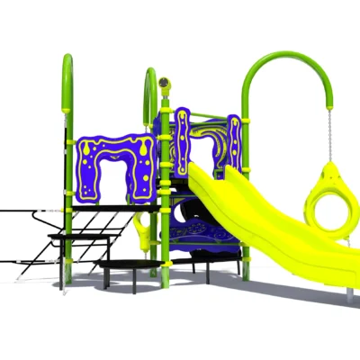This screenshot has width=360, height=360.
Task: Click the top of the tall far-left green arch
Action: pyautogui.click(x=66, y=61)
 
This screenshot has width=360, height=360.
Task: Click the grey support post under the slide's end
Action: pyautogui.click(x=349, y=291)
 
